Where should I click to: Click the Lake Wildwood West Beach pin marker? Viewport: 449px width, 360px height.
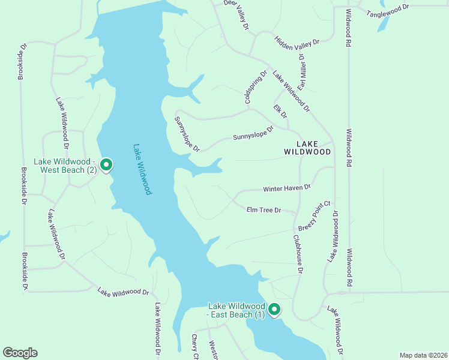click(x=106, y=164)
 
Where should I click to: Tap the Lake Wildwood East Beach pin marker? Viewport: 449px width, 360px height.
click(x=274, y=310)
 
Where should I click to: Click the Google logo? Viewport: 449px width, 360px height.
click(x=20, y=353)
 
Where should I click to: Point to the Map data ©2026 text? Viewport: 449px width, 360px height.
click(x=423, y=355)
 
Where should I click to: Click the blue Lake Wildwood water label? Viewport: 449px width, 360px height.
click(x=142, y=169)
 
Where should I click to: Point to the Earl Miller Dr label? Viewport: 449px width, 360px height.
click(x=306, y=73)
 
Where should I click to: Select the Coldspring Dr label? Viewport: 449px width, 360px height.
click(x=255, y=88)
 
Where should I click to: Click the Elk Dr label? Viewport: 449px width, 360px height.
click(x=280, y=112)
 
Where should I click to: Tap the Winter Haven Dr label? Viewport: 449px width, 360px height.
click(x=287, y=188)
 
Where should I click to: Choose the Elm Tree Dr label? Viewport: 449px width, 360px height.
click(x=264, y=210)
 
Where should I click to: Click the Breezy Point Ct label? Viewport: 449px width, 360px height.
click(x=315, y=217)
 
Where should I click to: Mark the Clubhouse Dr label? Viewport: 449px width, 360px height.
click(x=297, y=254)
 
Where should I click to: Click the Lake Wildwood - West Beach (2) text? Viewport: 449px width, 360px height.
click(x=65, y=166)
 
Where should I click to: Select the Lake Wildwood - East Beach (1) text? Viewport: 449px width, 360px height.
click(x=237, y=310)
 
